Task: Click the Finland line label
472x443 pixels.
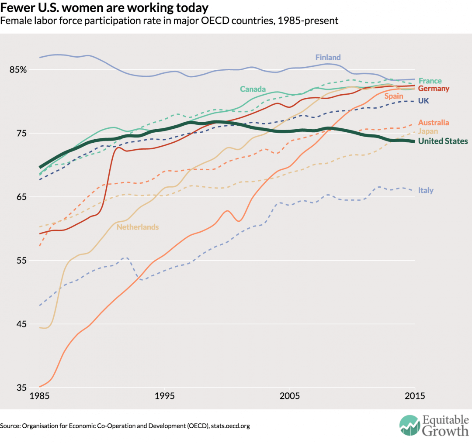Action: (328, 58)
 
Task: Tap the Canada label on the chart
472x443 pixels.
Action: (253, 89)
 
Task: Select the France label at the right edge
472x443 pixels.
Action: (430, 81)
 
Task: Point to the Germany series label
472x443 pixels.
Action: (434, 89)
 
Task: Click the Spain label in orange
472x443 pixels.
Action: (394, 96)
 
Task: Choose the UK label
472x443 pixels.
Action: (423, 101)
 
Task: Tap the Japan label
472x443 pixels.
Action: (428, 131)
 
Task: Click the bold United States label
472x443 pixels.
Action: (443, 141)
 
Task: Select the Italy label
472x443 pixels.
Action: (426, 190)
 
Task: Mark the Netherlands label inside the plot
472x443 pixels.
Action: (137, 227)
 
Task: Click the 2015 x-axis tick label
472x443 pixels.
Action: (414, 396)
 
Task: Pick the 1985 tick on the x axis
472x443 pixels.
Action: (39, 396)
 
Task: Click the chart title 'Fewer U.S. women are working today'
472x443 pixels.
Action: (105, 8)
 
